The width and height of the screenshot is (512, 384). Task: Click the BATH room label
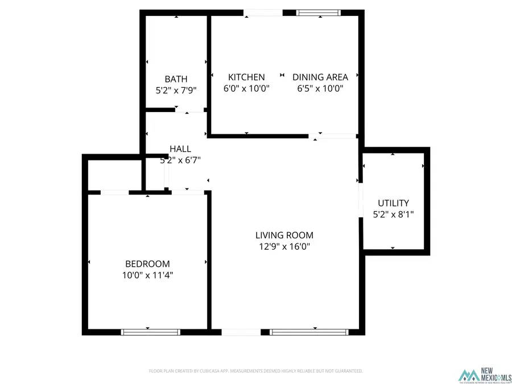(176, 79)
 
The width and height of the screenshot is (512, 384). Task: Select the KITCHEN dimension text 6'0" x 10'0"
(246, 88)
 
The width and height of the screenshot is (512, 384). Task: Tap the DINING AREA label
(320, 77)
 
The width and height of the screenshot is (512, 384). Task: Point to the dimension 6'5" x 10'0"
(320, 88)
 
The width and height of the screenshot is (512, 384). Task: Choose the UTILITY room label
(394, 203)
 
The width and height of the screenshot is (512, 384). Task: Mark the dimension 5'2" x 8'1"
(394, 214)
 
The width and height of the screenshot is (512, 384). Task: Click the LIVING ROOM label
(284, 235)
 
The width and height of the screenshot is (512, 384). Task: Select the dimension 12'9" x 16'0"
(284, 246)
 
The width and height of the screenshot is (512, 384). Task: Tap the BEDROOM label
(147, 264)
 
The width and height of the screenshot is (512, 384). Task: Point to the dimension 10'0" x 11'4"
(147, 275)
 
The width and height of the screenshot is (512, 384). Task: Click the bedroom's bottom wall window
(147, 332)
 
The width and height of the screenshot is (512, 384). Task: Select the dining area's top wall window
(318, 13)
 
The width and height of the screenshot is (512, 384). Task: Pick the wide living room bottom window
(309, 332)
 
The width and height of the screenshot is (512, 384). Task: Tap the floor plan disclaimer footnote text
(255, 371)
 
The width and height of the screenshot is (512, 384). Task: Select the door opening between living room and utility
(361, 200)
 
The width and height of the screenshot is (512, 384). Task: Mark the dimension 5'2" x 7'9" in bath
(176, 90)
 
